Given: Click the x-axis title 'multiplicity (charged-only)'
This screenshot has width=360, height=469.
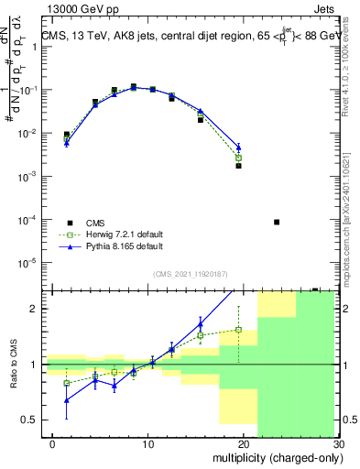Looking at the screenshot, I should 275,455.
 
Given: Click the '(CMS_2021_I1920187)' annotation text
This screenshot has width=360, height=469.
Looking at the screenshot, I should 191,274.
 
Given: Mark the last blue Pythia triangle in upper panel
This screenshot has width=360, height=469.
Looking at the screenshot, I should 238,147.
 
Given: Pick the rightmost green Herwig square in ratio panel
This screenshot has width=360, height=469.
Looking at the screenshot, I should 238,330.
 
